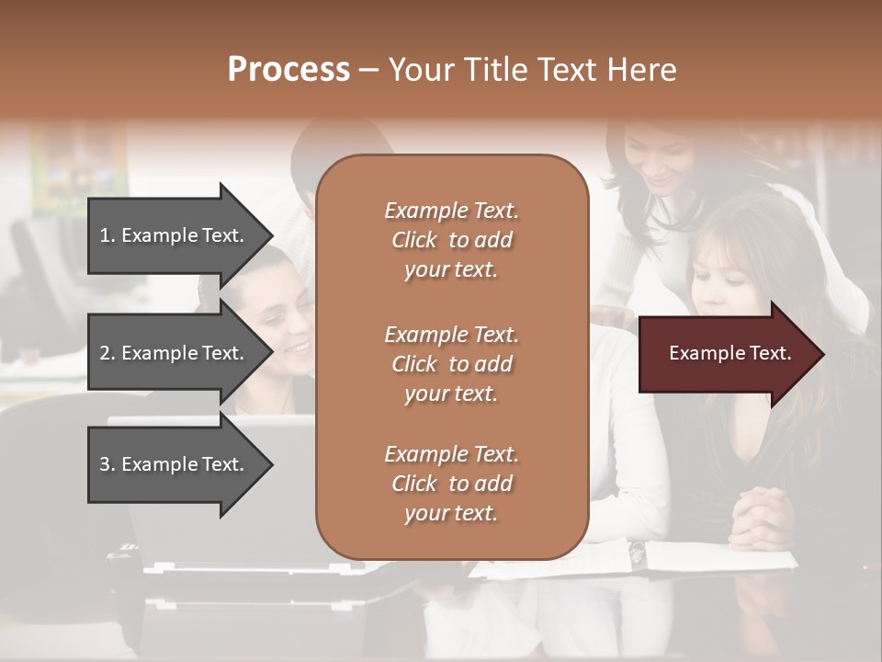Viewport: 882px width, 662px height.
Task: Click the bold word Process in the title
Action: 288,70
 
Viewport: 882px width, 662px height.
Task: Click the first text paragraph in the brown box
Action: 451,240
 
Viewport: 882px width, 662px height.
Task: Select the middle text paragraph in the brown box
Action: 451,363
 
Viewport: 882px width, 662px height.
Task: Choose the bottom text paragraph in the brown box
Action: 451,484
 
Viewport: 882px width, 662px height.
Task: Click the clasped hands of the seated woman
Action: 761,518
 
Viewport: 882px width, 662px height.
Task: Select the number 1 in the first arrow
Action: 105,235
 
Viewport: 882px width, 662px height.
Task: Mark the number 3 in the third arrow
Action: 105,464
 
